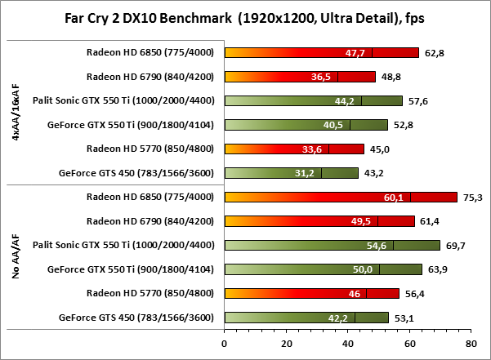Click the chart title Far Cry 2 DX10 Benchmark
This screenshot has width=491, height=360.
(x=244, y=18)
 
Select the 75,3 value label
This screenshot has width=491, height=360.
(x=471, y=197)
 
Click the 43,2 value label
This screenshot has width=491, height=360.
(x=372, y=173)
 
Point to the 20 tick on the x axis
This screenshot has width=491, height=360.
(x=286, y=346)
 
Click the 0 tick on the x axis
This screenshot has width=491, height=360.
(x=225, y=346)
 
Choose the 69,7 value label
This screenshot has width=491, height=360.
(x=454, y=245)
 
